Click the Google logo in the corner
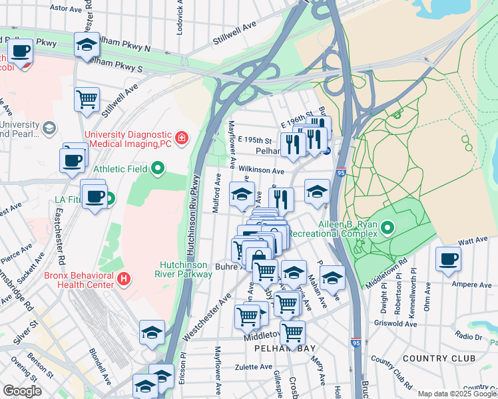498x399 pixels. pos(22,391)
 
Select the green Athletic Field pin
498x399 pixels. pos(158,169)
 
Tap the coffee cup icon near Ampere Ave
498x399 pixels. pos(449,259)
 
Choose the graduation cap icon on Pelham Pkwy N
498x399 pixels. pos(87,45)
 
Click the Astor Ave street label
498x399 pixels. pos(65,8)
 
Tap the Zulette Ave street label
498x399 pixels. pos(255,366)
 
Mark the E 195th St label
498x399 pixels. pos(255,141)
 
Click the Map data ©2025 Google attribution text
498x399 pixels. pos(456,394)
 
